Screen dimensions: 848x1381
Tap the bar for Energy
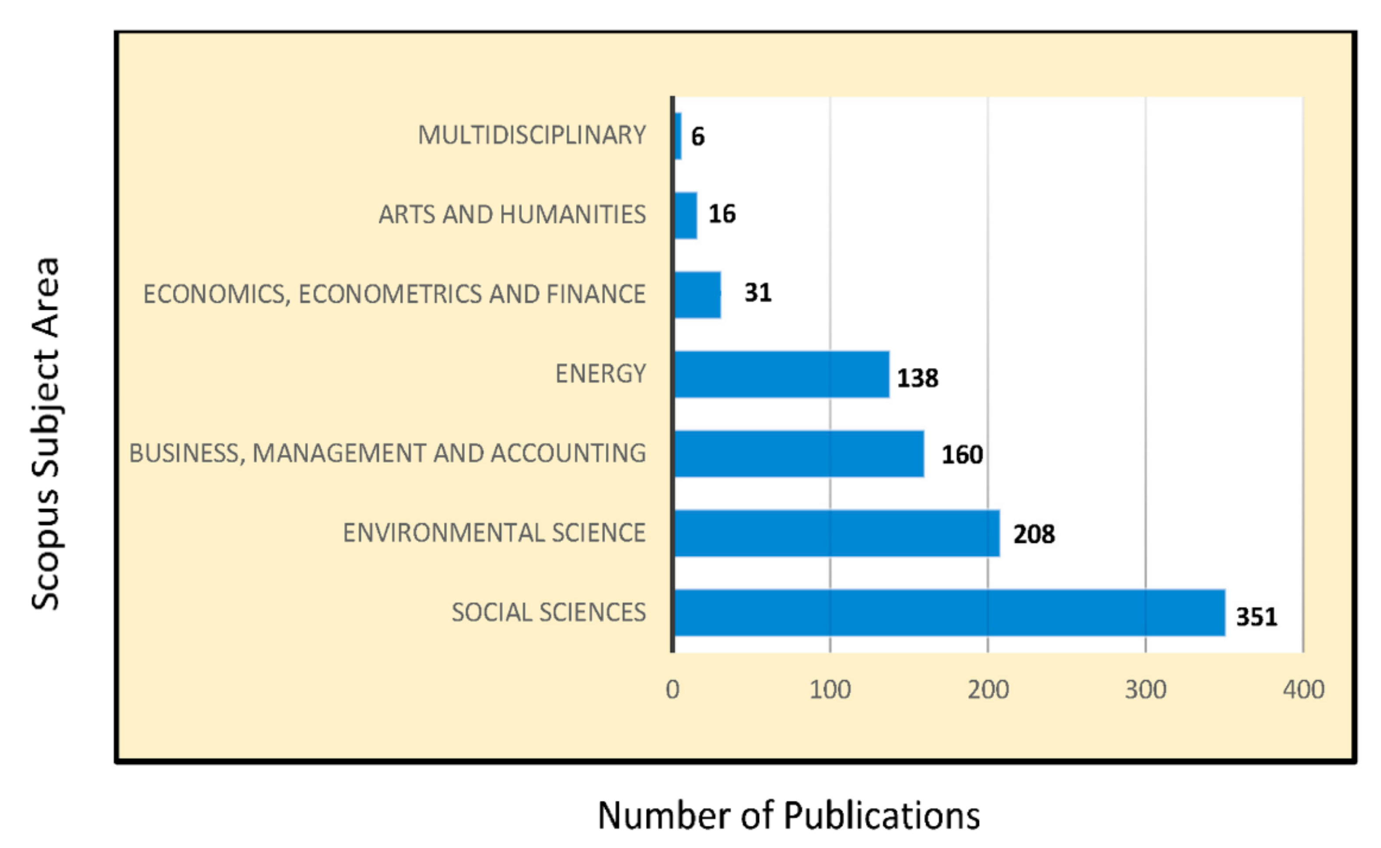(x=781, y=374)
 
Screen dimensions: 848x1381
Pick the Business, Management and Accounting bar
(x=799, y=454)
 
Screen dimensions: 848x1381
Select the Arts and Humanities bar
(x=685, y=216)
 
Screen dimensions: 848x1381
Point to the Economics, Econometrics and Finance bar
(x=697, y=295)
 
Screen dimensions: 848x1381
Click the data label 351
(x=1257, y=617)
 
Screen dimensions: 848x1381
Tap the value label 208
(x=1034, y=534)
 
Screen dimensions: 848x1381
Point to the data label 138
(x=918, y=378)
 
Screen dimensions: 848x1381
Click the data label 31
(x=758, y=293)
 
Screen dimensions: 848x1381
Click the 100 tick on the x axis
(x=830, y=689)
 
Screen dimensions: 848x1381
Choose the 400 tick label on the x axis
(x=1303, y=689)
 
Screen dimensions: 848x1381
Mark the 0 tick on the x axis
(x=673, y=689)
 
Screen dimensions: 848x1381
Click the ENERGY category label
(x=600, y=374)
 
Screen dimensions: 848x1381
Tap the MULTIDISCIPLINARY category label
(x=532, y=135)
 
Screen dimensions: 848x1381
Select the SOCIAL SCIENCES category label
(x=548, y=612)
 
